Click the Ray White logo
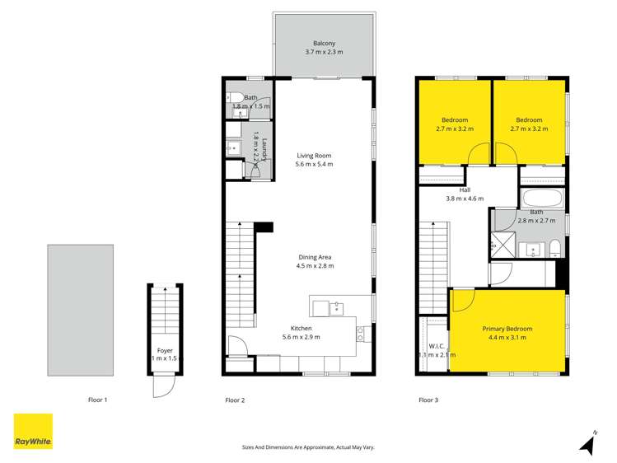click(x=33, y=432)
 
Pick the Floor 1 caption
click(x=98, y=400)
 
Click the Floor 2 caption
click(x=235, y=400)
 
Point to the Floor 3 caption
click(x=428, y=400)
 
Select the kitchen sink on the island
click(x=336, y=307)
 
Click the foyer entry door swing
click(x=162, y=386)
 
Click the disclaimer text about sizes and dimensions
click(x=308, y=447)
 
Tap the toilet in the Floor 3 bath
click(x=555, y=248)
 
